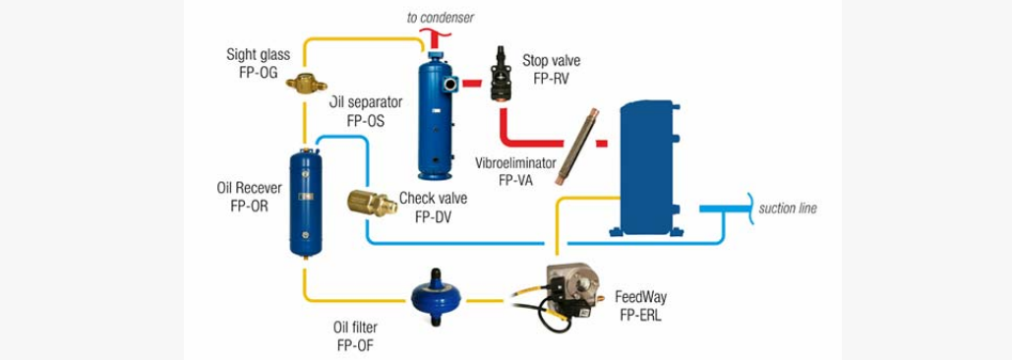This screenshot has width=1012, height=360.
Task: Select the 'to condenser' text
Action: [440, 18]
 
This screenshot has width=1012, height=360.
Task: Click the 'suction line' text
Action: [788, 209]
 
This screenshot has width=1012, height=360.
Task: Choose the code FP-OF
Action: [355, 344]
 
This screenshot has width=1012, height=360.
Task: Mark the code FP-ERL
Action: [638, 314]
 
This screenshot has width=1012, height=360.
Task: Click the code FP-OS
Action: [366, 121]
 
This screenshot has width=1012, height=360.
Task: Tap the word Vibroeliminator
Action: [515, 162]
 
